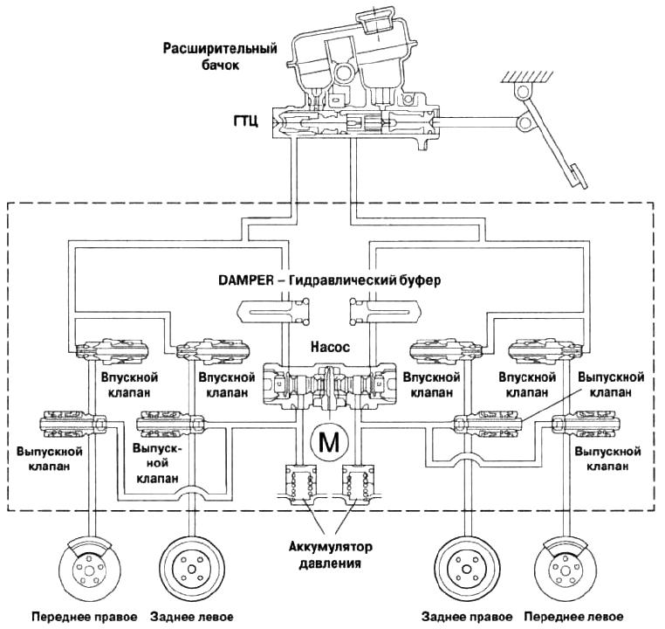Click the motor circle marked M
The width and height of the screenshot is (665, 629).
point(329,443)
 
